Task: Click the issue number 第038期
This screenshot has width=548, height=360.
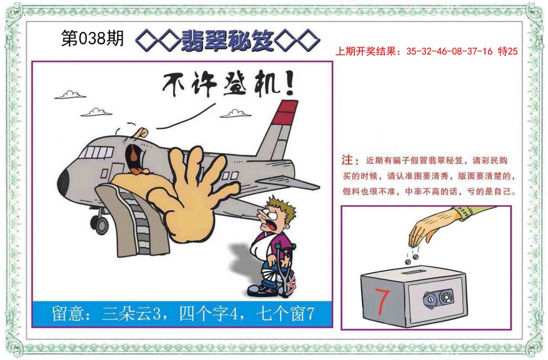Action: (92, 39)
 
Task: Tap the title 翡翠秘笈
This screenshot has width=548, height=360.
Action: (228, 40)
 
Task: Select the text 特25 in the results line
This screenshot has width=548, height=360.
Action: (507, 51)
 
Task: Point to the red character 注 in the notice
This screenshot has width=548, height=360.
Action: (348, 161)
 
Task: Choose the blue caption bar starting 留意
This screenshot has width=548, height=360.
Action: (183, 314)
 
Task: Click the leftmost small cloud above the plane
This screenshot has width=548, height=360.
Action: (70, 95)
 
